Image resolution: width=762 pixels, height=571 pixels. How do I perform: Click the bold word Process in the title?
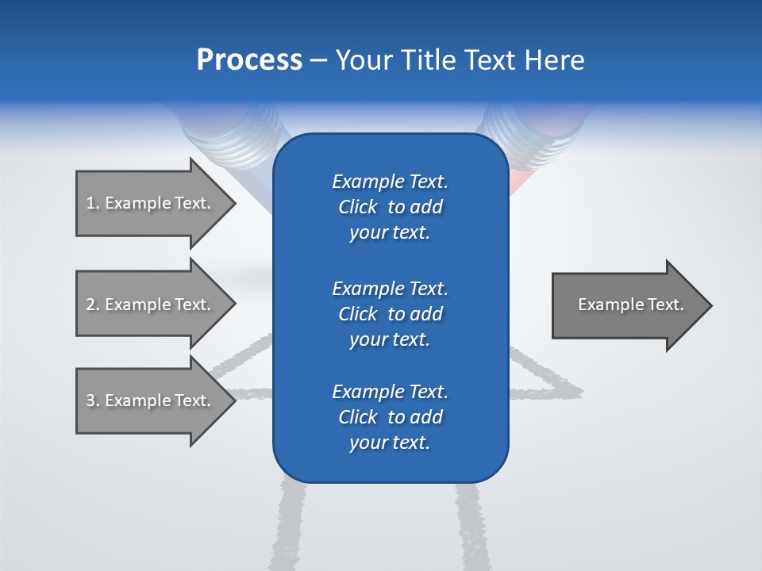tap(249, 60)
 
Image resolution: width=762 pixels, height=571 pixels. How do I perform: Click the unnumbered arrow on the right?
tap(627, 305)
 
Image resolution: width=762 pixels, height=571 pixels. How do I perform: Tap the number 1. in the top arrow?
tap(92, 203)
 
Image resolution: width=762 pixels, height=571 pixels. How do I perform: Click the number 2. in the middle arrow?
tap(92, 305)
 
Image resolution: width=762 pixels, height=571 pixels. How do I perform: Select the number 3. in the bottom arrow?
tap(92, 400)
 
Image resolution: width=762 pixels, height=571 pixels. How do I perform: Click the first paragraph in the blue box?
tap(390, 207)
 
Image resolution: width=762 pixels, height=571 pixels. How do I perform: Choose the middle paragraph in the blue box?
tap(390, 313)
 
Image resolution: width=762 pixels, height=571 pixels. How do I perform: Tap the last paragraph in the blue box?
tap(390, 417)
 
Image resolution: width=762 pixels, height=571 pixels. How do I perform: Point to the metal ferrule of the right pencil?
tap(524, 127)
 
